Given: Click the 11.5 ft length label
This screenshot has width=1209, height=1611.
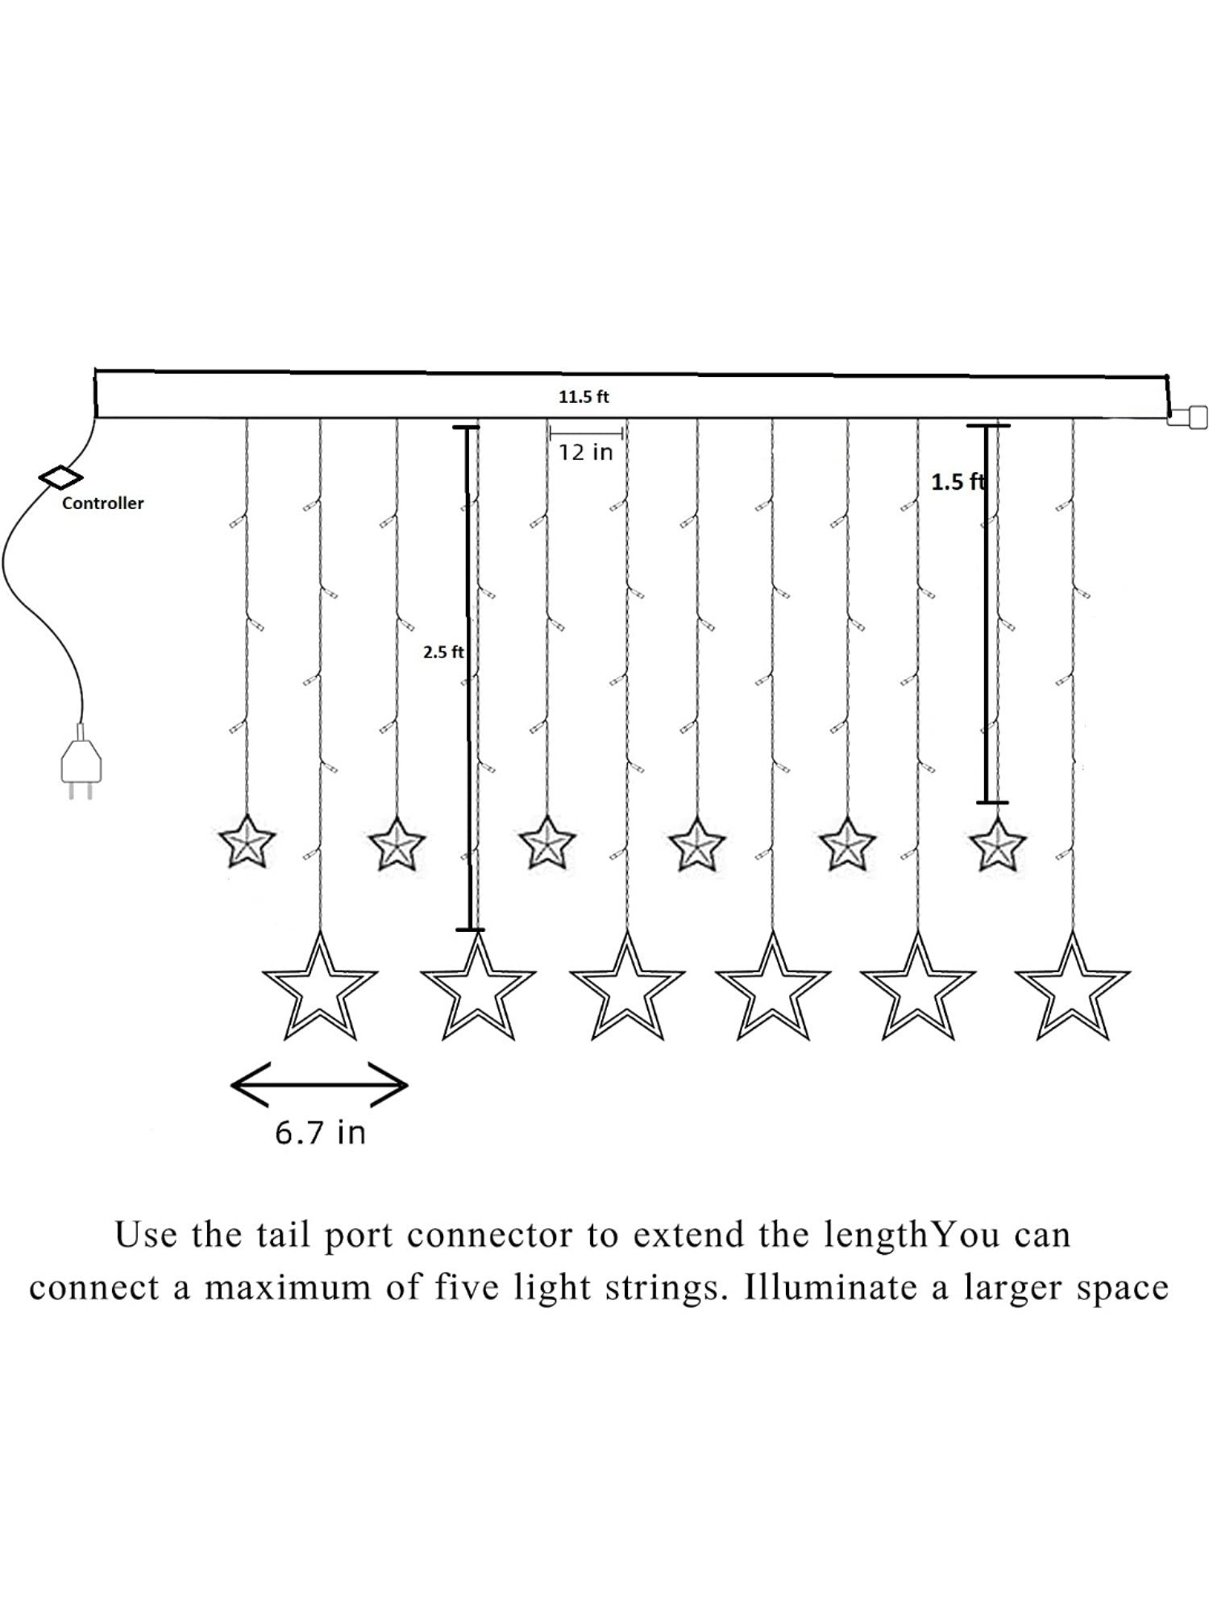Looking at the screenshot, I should [x=584, y=396].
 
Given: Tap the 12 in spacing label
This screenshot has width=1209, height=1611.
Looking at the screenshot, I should [x=586, y=453].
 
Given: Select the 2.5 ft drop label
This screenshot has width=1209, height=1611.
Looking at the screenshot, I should [x=443, y=652].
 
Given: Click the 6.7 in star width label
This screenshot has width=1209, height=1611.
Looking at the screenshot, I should [x=320, y=1133].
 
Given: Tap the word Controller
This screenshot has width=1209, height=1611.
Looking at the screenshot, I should [x=102, y=503].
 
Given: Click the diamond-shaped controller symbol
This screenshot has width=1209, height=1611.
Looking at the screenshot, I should [x=60, y=477].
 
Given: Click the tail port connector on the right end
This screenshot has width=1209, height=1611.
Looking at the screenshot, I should [x=1187, y=417].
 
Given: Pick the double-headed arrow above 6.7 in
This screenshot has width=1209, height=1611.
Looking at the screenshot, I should [x=319, y=1086].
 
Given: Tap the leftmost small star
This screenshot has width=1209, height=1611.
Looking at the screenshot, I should [x=247, y=843].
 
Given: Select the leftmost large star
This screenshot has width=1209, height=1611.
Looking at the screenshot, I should [x=320, y=989].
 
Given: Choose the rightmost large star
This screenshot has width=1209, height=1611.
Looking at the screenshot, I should [x=1073, y=989].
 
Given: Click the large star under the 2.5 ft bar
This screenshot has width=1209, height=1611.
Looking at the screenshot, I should [x=478, y=989].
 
